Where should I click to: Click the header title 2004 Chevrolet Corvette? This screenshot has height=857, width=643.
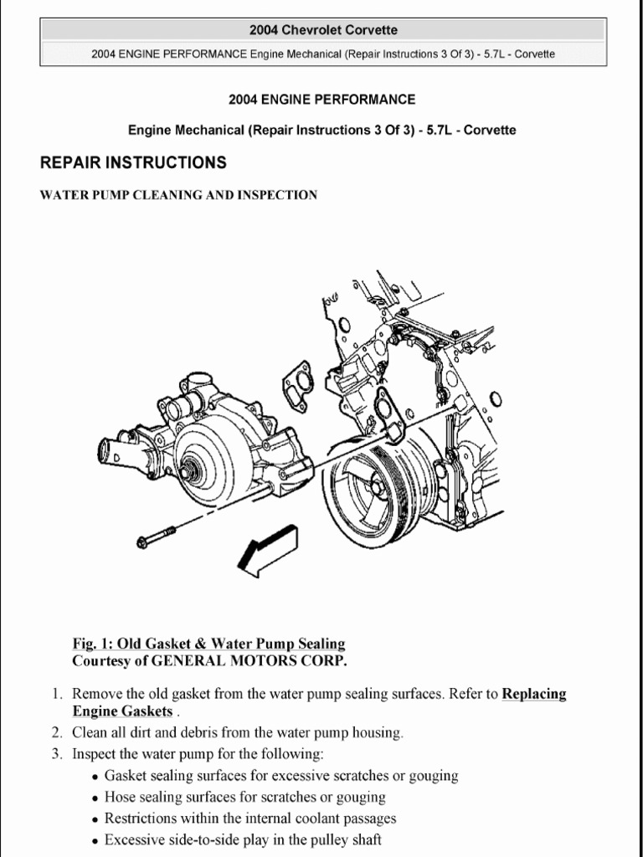(x=322, y=30)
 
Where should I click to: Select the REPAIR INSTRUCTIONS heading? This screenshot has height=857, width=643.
(x=133, y=162)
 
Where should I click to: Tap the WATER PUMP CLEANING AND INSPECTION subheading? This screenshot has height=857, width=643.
(x=178, y=195)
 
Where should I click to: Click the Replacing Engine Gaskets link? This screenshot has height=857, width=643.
(x=533, y=694)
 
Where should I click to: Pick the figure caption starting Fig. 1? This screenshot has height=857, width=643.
(x=208, y=644)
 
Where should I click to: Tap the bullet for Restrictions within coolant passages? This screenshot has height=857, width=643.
(x=96, y=819)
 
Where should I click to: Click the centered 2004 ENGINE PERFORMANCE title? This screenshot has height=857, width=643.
(x=321, y=100)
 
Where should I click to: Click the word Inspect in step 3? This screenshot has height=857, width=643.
(x=94, y=754)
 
